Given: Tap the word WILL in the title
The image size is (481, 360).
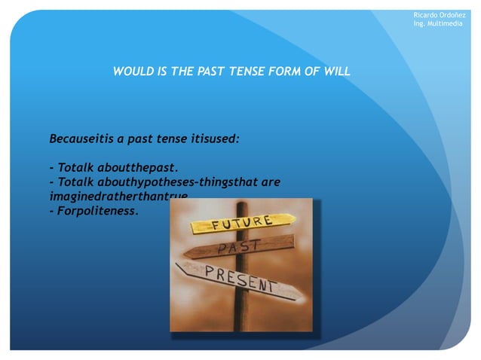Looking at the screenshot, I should [x=336, y=72].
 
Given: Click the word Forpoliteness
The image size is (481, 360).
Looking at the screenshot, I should [x=98, y=212].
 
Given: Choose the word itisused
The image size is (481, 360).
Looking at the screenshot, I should [x=213, y=139].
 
